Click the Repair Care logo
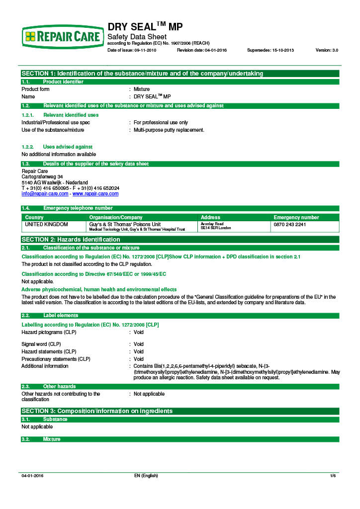tap(63, 36)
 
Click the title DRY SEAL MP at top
tap(145, 27)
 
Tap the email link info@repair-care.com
tap(45, 194)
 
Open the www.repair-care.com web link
tap(95, 194)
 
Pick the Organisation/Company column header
tap(116, 217)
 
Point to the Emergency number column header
tap(296, 217)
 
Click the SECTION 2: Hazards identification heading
tap(71, 240)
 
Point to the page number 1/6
tap(333, 476)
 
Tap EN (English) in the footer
tap(146, 476)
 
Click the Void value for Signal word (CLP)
tap(139, 344)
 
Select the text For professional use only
tap(161, 122)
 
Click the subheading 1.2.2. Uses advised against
tap(57, 147)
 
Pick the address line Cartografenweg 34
tap(42, 176)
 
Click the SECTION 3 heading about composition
tap(97, 411)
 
